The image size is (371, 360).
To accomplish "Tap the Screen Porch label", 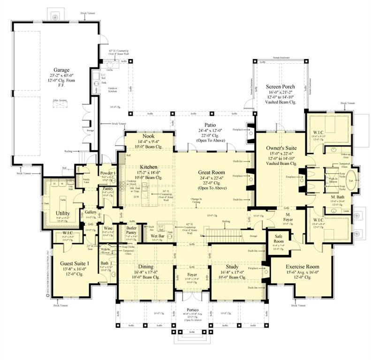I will point(280,87).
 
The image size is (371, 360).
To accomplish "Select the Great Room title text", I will point(212,172).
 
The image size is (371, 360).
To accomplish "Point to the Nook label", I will point(148,136).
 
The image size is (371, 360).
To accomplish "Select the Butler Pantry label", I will point(131,230).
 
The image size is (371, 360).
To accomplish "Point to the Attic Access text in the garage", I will point(59,102).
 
